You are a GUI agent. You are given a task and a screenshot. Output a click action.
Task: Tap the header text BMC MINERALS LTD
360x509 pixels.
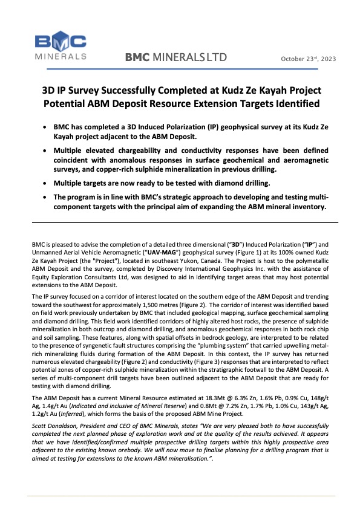pos(175,58)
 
